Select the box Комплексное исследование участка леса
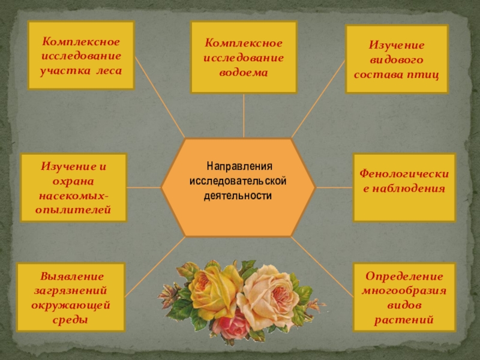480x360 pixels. pos(81,55)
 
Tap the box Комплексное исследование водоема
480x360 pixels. pos(244,58)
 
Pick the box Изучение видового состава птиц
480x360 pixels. pos(397,59)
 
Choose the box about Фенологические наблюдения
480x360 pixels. pos(404,187)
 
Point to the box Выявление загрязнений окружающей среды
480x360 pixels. pos(71,298)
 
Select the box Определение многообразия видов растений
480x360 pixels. pos(404,298)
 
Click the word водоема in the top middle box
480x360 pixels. pos(244,72)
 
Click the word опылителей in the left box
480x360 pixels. pos(74,209)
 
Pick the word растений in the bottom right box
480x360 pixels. pos(404,320)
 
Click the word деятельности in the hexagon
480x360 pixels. pos(238,196)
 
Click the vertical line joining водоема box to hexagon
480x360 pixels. pos(244,115)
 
